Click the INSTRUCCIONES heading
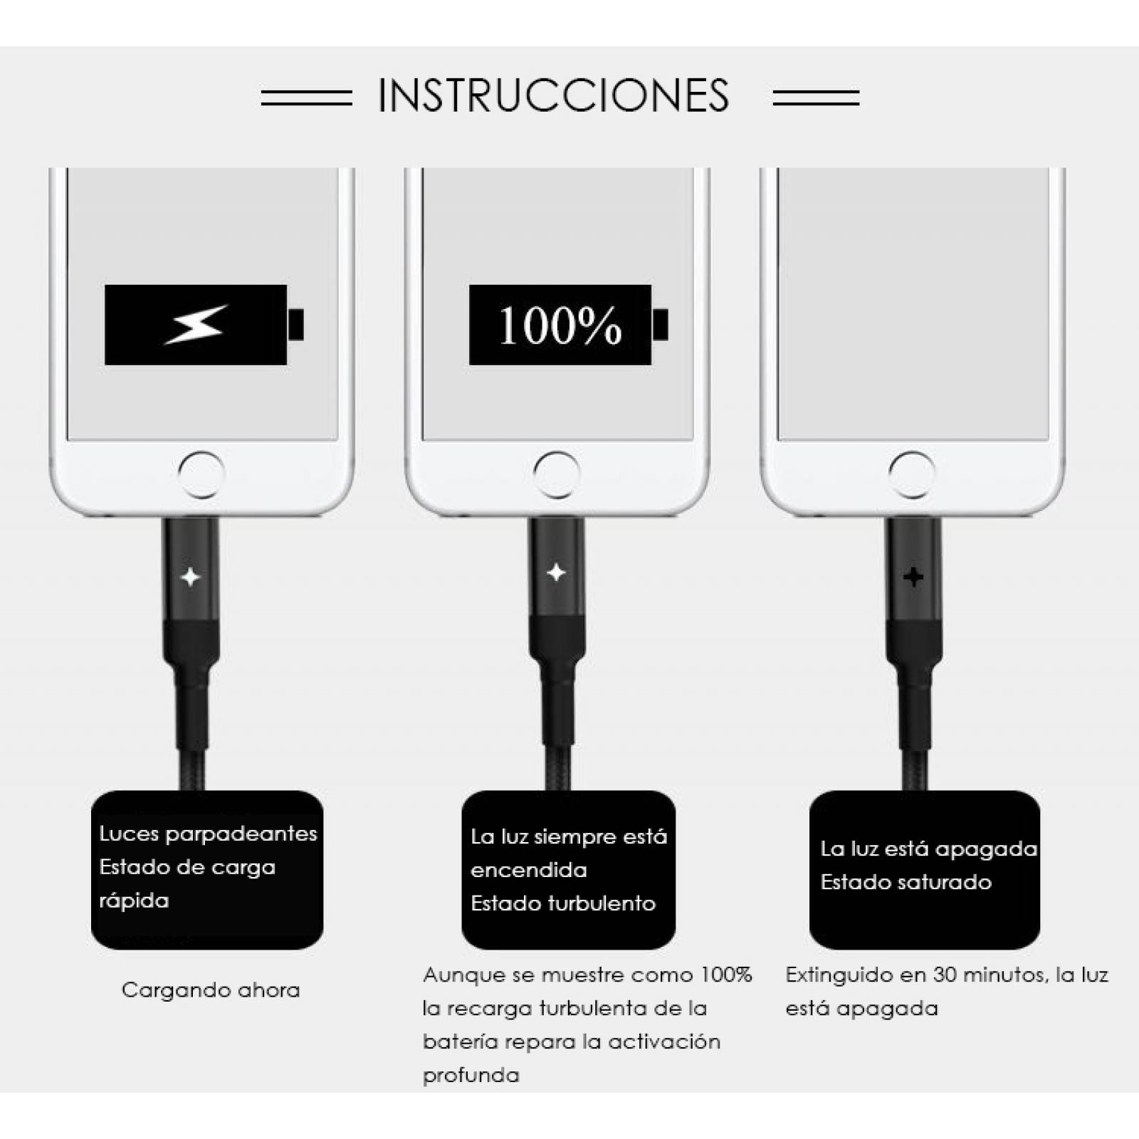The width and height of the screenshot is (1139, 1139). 553,96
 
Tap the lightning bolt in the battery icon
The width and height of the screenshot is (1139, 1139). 196,325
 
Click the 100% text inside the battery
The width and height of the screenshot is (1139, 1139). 560,326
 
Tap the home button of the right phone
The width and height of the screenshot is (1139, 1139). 912,474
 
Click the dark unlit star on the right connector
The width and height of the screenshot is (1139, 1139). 913,576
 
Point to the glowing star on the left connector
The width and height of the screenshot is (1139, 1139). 190,576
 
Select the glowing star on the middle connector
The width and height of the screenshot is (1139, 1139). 556,572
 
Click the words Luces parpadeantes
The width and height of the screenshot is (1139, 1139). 208,834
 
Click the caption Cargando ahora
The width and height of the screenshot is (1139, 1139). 211,990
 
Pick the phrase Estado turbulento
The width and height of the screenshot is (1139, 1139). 562,903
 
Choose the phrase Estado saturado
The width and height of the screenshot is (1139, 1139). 906,882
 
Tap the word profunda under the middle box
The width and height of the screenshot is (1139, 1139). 471,1075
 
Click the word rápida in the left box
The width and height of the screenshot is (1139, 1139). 134,901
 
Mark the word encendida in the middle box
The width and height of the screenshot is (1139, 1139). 528,870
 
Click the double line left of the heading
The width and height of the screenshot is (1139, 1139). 306,98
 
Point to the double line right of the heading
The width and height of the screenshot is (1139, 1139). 816,98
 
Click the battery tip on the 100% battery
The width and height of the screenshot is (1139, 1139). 661,325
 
